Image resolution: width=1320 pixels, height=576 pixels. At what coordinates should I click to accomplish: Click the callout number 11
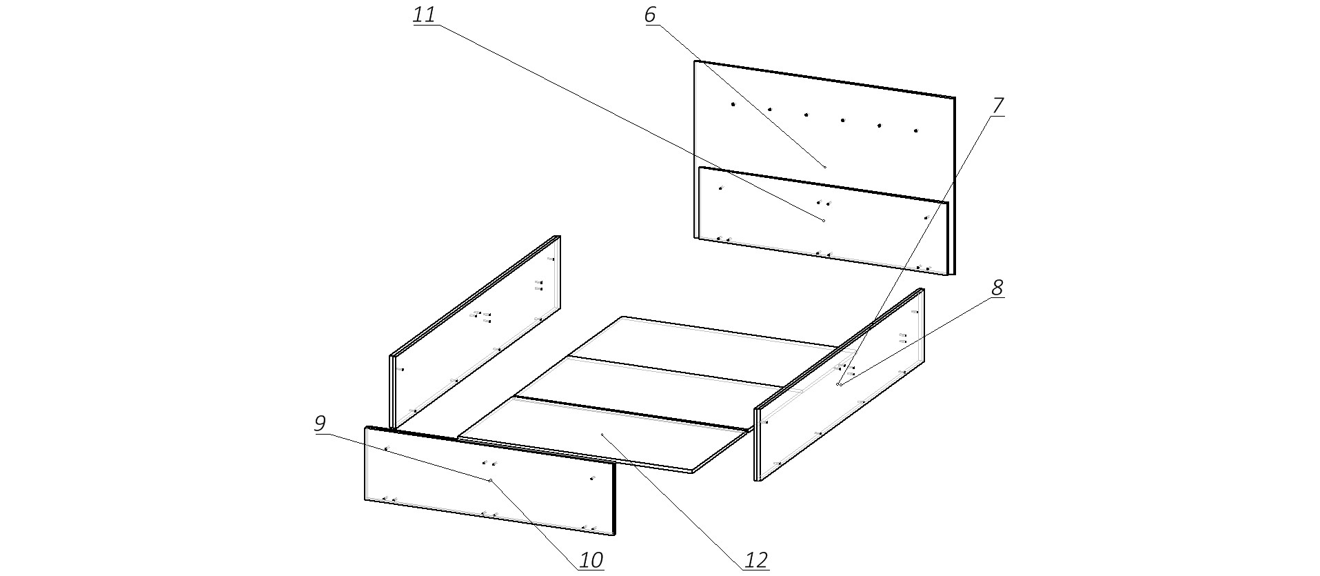pyautogui.click(x=424, y=14)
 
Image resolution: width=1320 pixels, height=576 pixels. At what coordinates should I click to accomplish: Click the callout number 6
pyautogui.click(x=650, y=14)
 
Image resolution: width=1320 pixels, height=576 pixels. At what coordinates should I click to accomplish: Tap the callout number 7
pyautogui.click(x=997, y=106)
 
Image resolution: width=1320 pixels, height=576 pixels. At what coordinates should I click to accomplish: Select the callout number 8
pyautogui.click(x=997, y=287)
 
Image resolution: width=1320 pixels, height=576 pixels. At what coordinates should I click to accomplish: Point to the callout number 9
pyautogui.click(x=319, y=423)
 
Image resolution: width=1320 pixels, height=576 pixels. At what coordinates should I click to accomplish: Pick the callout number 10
pyautogui.click(x=591, y=559)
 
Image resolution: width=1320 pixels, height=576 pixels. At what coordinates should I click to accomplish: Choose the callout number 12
pyautogui.click(x=756, y=559)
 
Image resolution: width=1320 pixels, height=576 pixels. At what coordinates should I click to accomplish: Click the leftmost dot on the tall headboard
pyautogui.click(x=733, y=104)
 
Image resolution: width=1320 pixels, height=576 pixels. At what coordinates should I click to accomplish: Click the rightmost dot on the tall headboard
pyautogui.click(x=916, y=130)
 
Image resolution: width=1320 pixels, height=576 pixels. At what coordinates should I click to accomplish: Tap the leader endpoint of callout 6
pyautogui.click(x=825, y=167)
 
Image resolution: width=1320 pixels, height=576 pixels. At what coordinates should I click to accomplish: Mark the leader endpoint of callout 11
pyautogui.click(x=823, y=220)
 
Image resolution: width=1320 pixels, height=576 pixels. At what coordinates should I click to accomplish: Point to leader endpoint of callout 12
pyautogui.click(x=602, y=435)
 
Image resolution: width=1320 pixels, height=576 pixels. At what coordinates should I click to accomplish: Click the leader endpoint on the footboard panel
pyautogui.click(x=490, y=480)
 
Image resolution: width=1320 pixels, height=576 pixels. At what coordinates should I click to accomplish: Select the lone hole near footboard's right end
pyautogui.click(x=592, y=477)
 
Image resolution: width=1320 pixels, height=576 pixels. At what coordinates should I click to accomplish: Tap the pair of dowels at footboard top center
pyautogui.click(x=489, y=463)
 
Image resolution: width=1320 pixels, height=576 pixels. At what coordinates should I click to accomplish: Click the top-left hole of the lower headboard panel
pyautogui.click(x=721, y=188)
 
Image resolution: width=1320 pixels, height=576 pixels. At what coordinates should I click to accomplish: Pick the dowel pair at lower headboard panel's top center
pyautogui.click(x=823, y=202)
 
